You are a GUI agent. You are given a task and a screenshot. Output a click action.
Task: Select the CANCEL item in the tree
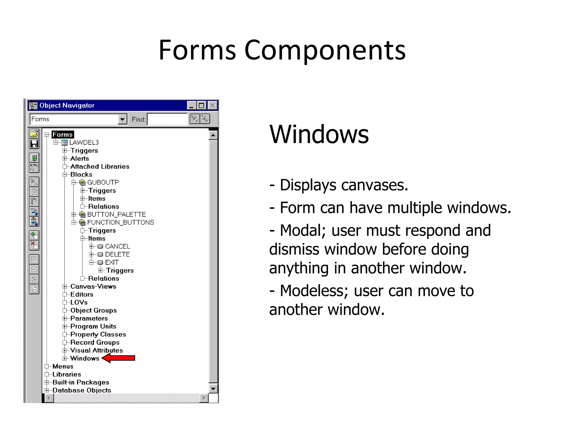click(117, 246)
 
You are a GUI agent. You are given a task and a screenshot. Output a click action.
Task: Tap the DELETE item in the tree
click(117, 254)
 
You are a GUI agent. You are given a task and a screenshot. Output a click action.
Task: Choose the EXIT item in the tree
click(112, 262)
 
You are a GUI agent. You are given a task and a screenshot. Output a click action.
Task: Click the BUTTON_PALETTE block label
click(116, 214)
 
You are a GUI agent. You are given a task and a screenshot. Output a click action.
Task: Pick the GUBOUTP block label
click(103, 182)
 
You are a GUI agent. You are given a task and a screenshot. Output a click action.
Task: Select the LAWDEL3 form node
click(84, 142)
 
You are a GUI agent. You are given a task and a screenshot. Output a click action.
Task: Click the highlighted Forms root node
click(63, 134)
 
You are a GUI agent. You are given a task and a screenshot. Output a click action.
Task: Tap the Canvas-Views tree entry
click(93, 286)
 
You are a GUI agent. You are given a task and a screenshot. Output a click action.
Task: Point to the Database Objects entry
click(82, 390)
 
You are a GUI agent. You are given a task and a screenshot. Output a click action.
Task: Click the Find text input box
click(167, 119)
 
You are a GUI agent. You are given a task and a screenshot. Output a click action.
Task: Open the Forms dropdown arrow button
click(122, 119)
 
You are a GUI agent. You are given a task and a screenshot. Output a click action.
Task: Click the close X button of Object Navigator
click(212, 105)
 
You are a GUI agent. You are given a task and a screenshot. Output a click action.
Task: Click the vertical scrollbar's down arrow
click(213, 389)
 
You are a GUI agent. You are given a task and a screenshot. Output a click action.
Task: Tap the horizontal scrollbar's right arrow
click(204, 398)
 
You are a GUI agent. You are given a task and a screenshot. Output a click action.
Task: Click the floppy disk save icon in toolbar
click(34, 144)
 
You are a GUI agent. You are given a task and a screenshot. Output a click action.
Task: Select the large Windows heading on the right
click(319, 134)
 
